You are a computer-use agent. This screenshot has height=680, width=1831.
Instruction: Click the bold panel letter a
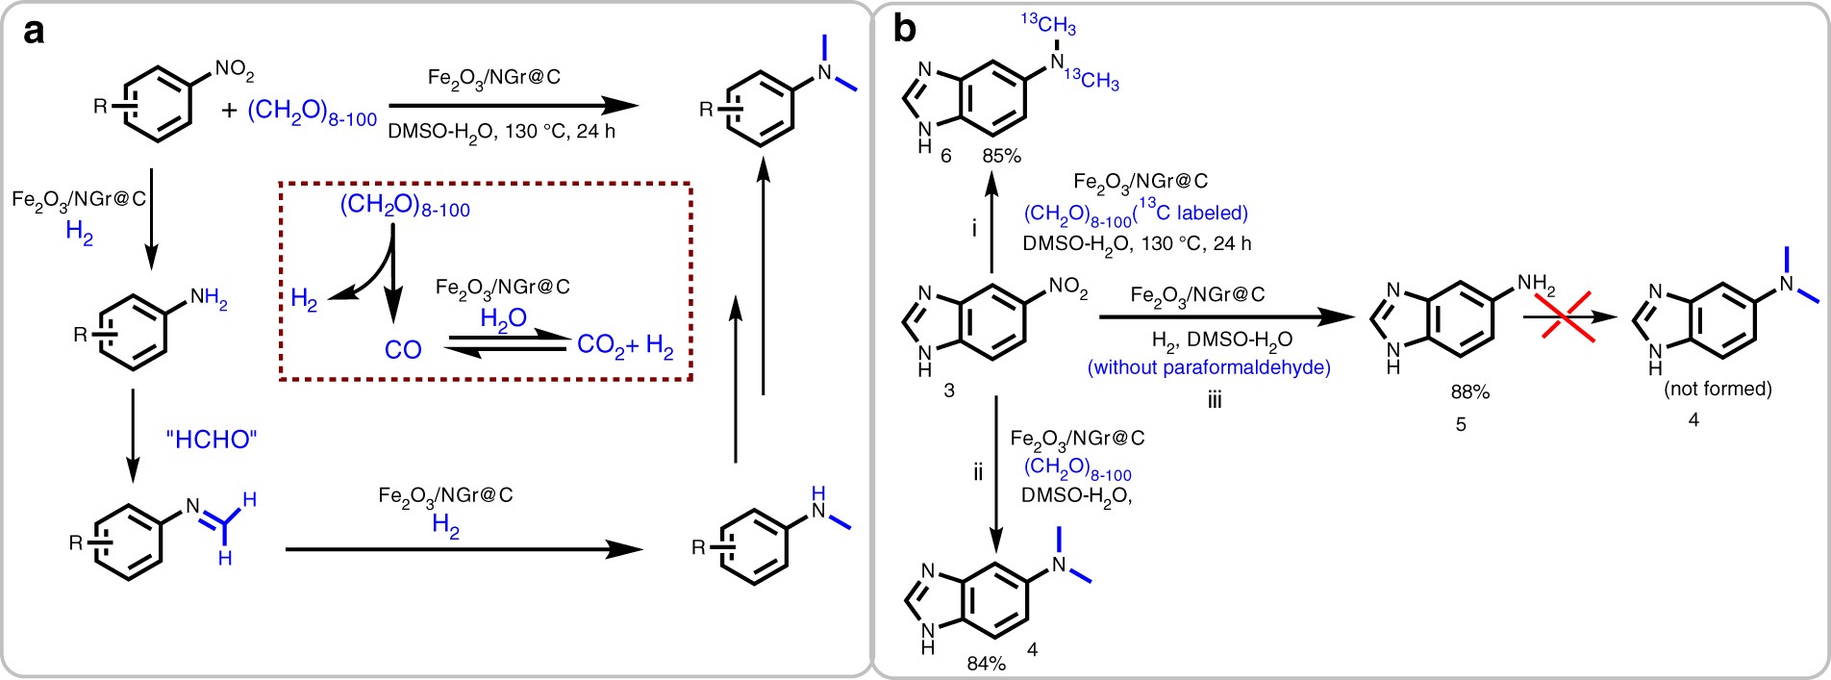coord(34,31)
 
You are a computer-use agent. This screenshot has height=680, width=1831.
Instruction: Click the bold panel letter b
coord(905,30)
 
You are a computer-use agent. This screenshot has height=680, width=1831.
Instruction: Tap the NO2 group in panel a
coord(234,70)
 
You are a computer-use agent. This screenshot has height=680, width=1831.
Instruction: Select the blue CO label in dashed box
coord(403,350)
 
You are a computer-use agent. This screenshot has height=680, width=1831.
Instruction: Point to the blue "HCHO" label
coord(212,440)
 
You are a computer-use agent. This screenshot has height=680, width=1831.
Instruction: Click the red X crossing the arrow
coord(1561,314)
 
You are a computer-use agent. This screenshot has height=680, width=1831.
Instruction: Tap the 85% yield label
coord(1001,156)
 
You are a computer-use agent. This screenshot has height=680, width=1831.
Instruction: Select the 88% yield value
coord(1469,392)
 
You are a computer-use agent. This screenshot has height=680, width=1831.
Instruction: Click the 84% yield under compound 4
coord(987,664)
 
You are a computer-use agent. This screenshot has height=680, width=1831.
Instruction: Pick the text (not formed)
coord(1718,389)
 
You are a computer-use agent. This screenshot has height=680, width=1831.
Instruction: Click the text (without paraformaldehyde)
coord(1209,367)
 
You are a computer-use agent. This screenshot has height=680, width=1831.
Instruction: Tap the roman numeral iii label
coord(1215,400)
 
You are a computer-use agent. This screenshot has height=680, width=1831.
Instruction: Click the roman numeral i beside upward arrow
coord(974,229)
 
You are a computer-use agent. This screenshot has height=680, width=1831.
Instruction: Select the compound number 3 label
coord(949,391)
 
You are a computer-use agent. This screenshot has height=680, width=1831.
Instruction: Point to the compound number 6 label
coord(946,156)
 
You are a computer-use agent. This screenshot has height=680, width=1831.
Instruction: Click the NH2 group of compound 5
coord(1536,285)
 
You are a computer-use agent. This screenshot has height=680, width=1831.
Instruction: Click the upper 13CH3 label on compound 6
coord(1048,24)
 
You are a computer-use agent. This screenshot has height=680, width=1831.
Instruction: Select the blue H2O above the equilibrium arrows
coord(503,319)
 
